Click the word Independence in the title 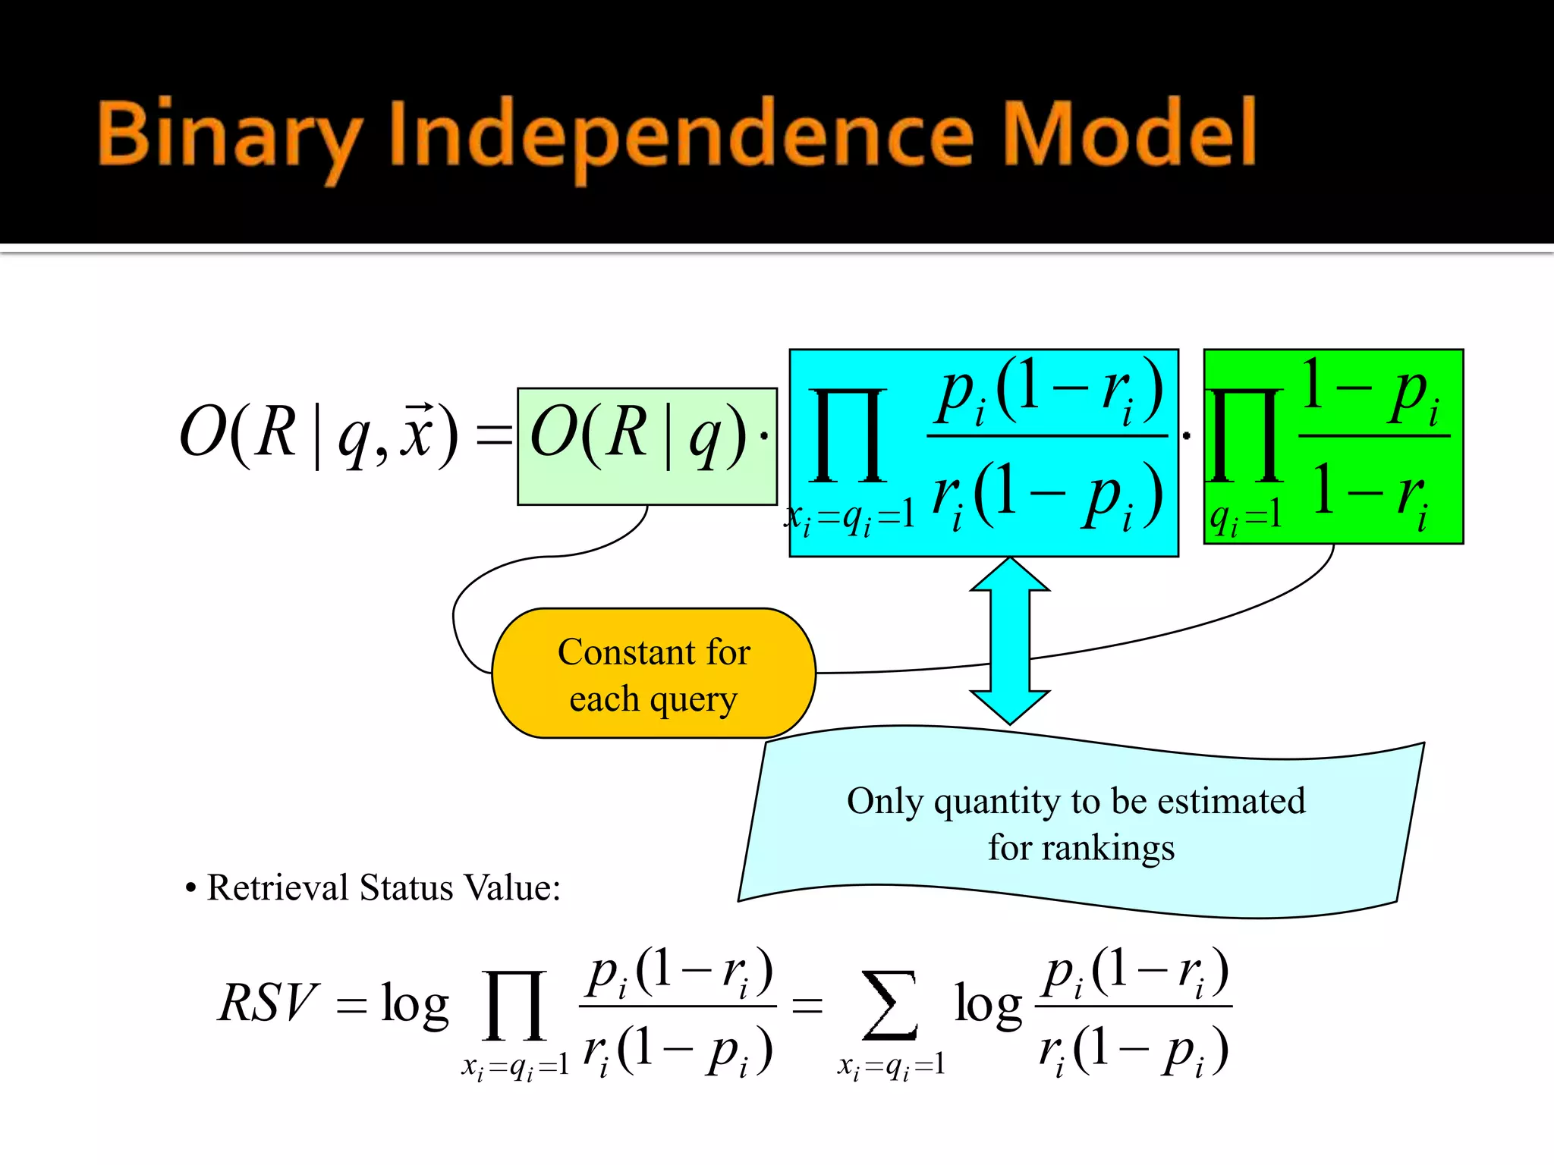point(680,135)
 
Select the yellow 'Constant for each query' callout point(653,674)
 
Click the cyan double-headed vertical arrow point(1010,641)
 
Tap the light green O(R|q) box point(646,446)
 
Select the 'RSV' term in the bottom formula point(267,1003)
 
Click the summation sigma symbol point(889,1004)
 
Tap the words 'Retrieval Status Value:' point(383,887)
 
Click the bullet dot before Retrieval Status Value point(191,888)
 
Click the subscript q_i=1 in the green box point(1246,518)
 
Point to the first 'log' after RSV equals point(414,1004)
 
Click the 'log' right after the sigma point(988,1004)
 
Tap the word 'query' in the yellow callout point(694,699)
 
